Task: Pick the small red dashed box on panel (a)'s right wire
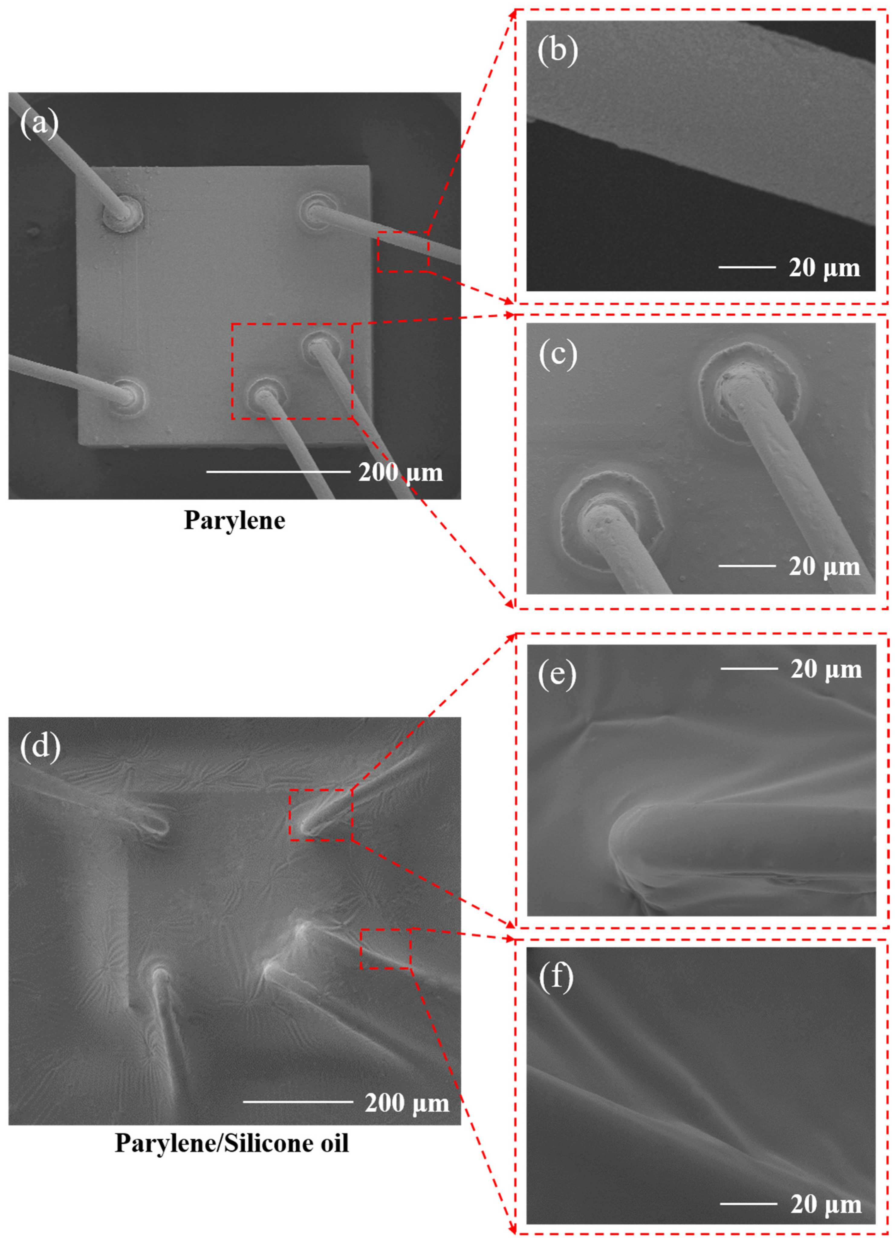pos(403,251)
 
